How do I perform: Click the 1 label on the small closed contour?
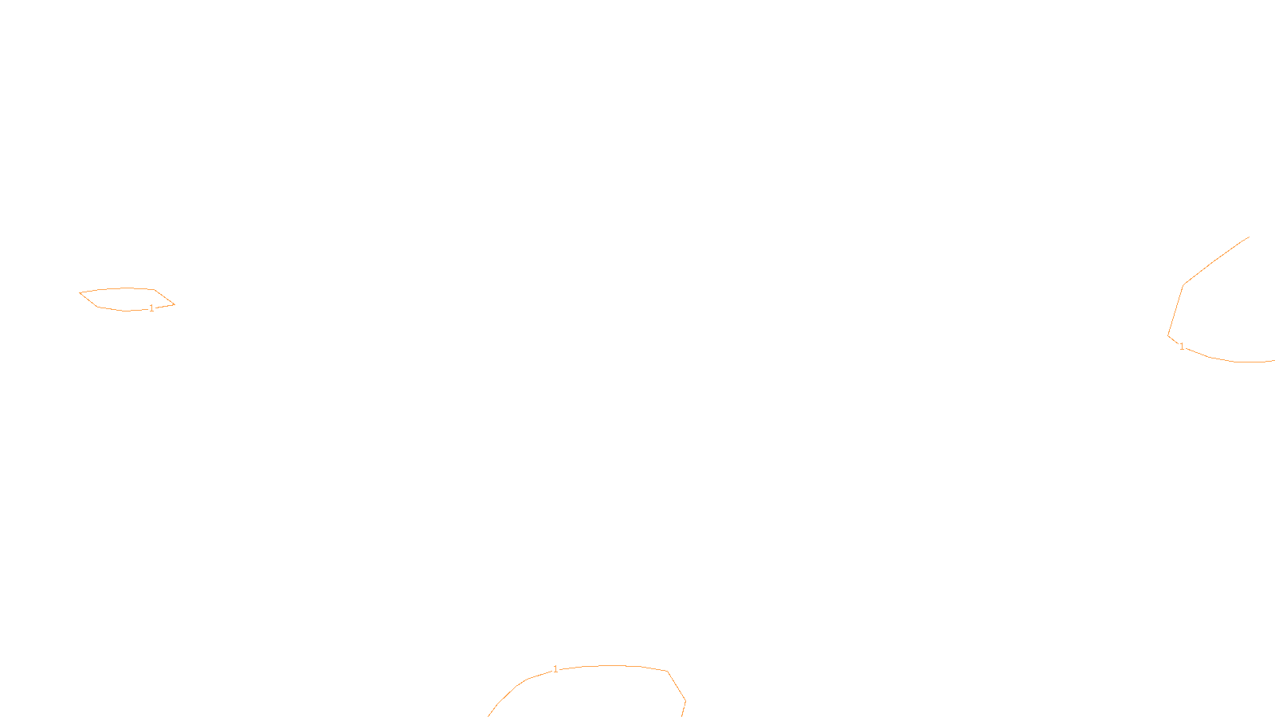(x=151, y=308)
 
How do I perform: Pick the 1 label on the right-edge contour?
(x=1182, y=347)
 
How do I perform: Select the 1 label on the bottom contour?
(x=555, y=669)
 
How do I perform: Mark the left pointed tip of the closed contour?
(x=80, y=293)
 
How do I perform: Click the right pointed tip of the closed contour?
(x=175, y=304)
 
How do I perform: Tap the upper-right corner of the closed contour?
(x=154, y=289)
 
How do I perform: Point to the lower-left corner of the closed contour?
(x=97, y=307)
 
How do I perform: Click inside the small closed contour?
(x=126, y=299)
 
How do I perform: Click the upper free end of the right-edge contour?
(x=1249, y=237)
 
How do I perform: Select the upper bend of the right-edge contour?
(x=1184, y=284)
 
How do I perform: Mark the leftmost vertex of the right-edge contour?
(x=1168, y=335)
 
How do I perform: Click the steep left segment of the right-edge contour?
(x=1176, y=310)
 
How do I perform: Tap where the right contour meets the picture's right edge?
(x=1273, y=361)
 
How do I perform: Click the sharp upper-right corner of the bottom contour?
(x=667, y=672)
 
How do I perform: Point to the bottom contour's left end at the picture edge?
(x=489, y=715)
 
